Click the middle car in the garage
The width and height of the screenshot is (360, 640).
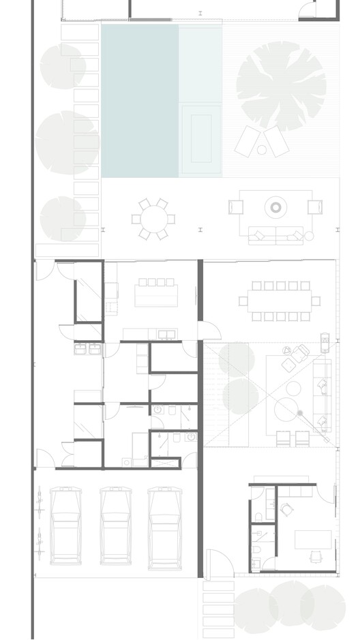[115, 525]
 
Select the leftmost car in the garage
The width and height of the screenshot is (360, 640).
[65, 525]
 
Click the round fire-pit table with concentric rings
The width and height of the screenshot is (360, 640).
[276, 207]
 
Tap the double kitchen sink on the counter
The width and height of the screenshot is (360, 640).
[167, 334]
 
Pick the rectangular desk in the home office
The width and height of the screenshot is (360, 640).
[313, 539]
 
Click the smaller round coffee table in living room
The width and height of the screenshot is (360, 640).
[293, 388]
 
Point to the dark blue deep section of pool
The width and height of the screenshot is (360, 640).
[140, 100]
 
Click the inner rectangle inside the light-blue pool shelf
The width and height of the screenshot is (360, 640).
[201, 138]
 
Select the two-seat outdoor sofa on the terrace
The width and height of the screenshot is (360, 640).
[276, 237]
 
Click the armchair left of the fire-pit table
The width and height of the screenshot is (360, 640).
[235, 207]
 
